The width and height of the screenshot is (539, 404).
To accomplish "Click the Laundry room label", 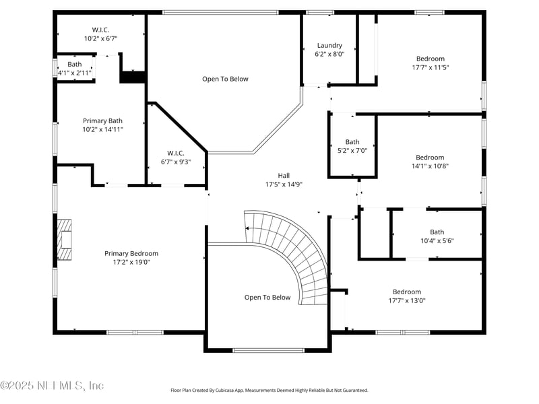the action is [329, 45].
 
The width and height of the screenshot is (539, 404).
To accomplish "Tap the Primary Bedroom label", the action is [131, 254].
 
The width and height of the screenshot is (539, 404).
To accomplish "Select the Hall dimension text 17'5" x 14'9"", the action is [284, 184].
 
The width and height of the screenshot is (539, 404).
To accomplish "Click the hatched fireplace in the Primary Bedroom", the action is [65, 240].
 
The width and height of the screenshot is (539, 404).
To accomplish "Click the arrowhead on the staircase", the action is [247, 228].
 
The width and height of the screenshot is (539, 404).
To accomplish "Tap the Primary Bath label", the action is [102, 121].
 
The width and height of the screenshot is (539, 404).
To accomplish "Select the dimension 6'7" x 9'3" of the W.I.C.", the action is [176, 162].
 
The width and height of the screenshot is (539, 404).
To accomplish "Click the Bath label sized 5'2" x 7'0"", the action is [352, 142].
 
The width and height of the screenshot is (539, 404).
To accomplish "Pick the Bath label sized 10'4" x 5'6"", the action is [437, 232].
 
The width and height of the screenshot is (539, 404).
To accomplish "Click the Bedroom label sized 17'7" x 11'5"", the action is [431, 59].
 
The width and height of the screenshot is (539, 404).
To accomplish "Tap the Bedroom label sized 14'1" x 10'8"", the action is [430, 158].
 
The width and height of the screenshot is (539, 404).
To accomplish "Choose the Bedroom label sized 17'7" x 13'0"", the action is [407, 292].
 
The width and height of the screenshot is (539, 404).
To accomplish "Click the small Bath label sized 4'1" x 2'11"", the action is [75, 64].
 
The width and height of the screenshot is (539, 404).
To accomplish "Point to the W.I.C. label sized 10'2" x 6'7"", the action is [100, 30].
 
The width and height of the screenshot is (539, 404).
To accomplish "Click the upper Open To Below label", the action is [225, 79].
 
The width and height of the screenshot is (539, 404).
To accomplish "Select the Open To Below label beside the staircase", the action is [267, 298].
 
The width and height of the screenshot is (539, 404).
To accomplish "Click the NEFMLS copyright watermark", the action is [52, 385].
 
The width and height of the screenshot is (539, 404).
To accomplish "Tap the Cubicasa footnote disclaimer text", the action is [269, 391].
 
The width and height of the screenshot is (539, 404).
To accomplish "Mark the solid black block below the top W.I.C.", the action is [132, 77].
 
